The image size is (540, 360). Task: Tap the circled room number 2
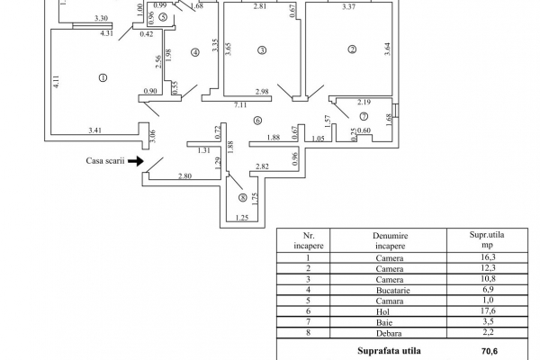pyautogui.click(x=353, y=49)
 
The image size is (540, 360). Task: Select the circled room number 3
pyautogui.click(x=261, y=49)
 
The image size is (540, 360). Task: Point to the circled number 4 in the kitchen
pyautogui.click(x=194, y=51)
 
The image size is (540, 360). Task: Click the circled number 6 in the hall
pyautogui.click(x=257, y=120)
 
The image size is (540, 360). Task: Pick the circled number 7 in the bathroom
pyautogui.click(x=364, y=116)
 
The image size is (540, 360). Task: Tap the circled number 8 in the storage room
pyautogui.click(x=241, y=197)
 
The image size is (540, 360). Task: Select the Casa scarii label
pyautogui.click(x=104, y=162)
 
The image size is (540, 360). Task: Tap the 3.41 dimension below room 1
pyautogui.click(x=95, y=132)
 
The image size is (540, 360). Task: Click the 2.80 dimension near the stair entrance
pyautogui.click(x=185, y=176)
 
